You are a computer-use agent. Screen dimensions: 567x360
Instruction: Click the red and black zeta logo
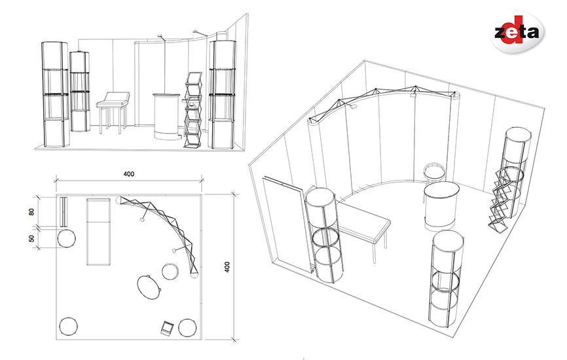coord(517,31)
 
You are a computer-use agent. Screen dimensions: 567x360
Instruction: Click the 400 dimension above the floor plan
coord(129,174)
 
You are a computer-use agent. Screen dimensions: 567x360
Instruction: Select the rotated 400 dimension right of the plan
coord(227,267)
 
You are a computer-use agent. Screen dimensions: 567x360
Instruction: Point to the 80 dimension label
coord(32,212)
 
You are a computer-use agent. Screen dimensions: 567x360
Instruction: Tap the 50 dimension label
coord(32,238)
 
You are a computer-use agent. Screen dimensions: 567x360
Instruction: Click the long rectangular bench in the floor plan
coord(98,231)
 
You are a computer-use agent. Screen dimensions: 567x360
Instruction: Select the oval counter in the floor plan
coord(149,287)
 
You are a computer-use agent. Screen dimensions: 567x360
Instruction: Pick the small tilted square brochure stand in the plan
coord(167,329)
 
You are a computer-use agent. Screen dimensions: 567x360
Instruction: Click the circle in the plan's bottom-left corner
coord(68,327)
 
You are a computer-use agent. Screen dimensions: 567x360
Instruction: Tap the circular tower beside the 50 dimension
coord(67,238)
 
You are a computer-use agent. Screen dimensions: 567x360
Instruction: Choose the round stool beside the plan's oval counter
coord(170,272)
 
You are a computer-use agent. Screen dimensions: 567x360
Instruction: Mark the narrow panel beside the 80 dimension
coord(64,212)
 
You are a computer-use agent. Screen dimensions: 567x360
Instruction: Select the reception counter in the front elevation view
coord(166,117)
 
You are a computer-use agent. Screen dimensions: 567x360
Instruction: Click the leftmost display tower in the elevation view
coord(55,95)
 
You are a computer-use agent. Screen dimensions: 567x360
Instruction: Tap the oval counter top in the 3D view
coord(441,191)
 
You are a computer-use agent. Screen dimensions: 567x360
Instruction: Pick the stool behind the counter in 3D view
coord(434,173)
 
